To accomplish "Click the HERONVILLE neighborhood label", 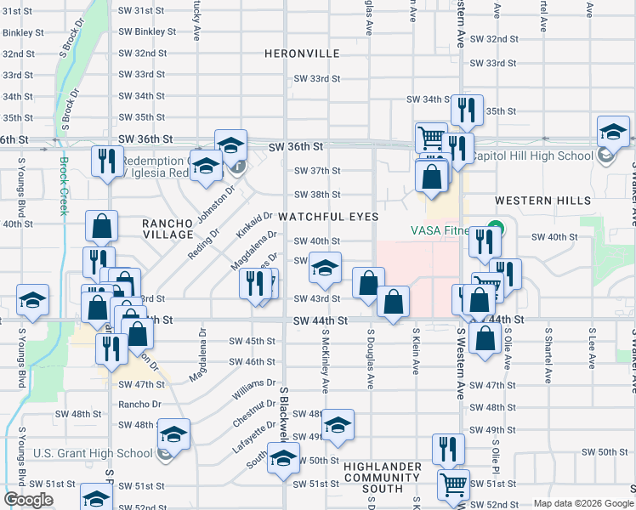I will (x=302, y=53).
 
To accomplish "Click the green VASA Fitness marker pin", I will (x=491, y=229).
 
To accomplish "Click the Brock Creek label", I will (x=62, y=186).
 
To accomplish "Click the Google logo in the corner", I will (x=28, y=499).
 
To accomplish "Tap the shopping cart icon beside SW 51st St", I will (x=453, y=484).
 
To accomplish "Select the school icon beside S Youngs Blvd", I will (x=32, y=299).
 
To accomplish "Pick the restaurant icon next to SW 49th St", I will (x=448, y=448).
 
